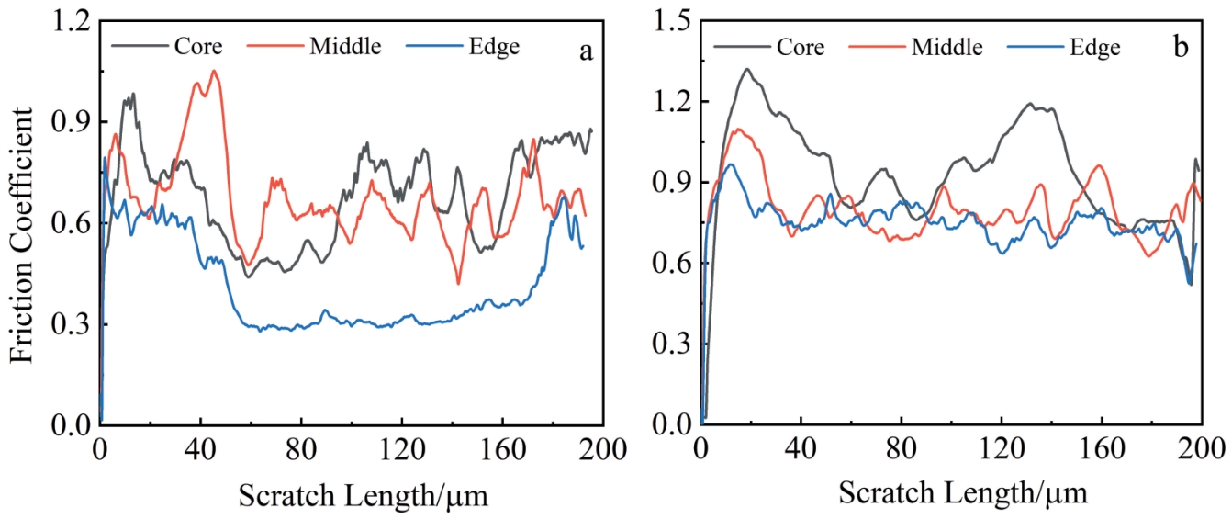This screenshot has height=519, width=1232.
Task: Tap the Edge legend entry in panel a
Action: pos(493,45)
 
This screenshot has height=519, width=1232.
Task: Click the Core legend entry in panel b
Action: pos(799,46)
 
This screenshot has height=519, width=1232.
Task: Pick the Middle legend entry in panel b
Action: pos(946,46)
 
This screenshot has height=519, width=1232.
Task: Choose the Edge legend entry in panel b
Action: pos(1094,47)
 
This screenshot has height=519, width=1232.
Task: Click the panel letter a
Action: pos(585,51)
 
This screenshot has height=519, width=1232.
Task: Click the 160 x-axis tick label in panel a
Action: pos(501,450)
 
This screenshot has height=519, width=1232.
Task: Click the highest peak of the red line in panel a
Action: pos(214,71)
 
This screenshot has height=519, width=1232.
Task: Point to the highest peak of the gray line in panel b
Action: pos(747,69)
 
